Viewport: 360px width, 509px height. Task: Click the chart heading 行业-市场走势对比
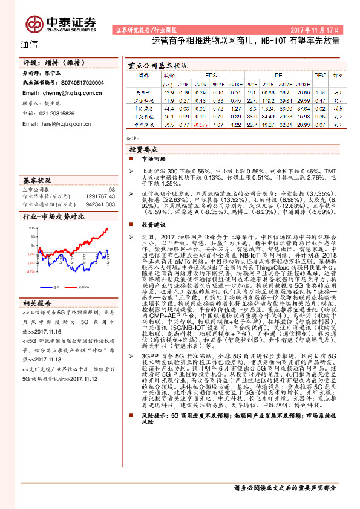(53, 216)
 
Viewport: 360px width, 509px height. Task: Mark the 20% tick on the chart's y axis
(28, 230)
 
